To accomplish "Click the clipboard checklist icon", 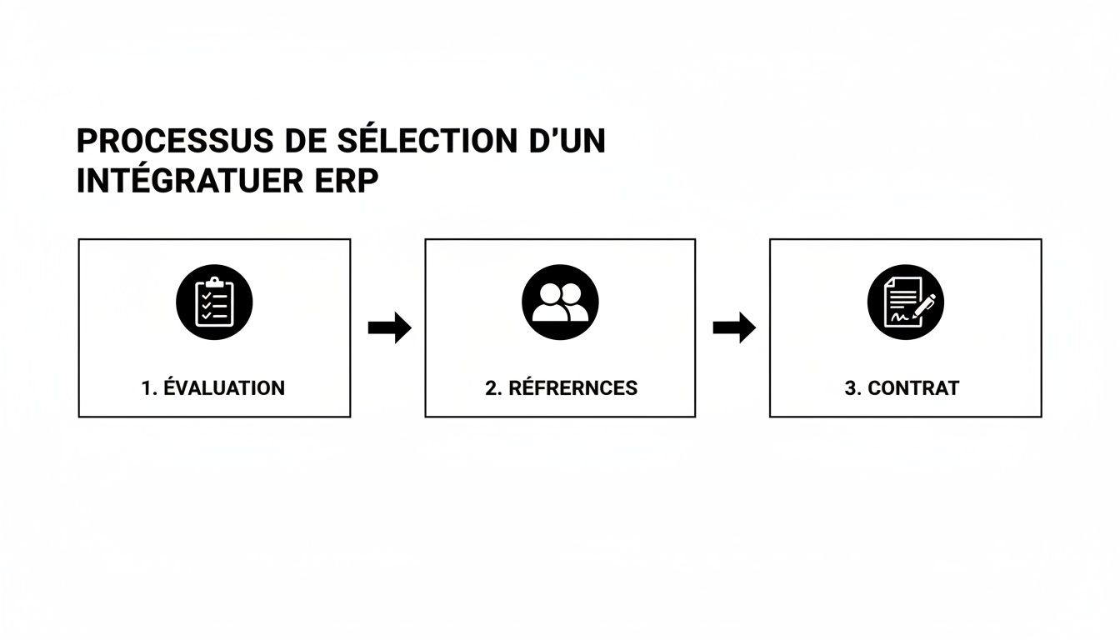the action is [213, 302].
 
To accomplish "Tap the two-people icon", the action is [560, 302].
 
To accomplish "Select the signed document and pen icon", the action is [905, 302].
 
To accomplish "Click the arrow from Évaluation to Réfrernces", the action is [389, 327].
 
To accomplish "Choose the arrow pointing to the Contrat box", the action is [733, 327].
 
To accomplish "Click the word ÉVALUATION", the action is [225, 388].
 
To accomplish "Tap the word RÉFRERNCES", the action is [572, 388].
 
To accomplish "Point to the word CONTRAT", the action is [913, 388].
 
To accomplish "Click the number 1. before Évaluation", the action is [149, 388].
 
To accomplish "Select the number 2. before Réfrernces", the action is [493, 388].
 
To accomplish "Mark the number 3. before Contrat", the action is [852, 388].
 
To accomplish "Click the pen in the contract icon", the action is [923, 306].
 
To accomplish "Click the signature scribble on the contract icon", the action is [898, 317].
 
